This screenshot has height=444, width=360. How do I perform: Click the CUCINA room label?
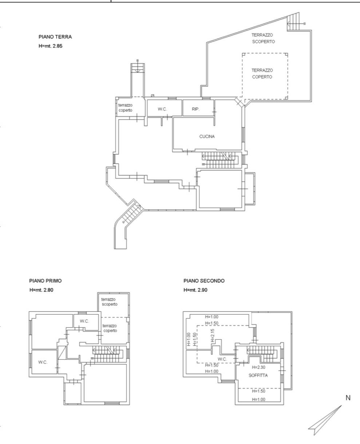click(x=207, y=136)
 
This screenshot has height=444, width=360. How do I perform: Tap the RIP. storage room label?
click(x=196, y=109)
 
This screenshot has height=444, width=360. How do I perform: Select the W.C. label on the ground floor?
click(x=162, y=109)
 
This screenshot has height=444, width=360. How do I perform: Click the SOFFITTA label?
click(x=258, y=375)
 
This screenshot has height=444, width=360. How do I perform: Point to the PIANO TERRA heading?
click(x=55, y=37)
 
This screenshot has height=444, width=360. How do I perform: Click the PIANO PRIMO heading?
click(x=45, y=281)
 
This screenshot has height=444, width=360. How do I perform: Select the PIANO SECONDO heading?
click(x=204, y=281)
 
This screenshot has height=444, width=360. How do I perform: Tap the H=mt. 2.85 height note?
click(x=50, y=46)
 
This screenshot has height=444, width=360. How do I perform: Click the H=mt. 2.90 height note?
click(x=195, y=290)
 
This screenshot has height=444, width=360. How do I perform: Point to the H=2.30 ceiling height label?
click(x=258, y=367)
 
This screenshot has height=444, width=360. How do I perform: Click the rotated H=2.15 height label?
click(x=213, y=335)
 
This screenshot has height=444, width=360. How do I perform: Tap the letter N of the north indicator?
click(x=348, y=398)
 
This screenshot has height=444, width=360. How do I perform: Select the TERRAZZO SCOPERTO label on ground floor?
click(x=263, y=38)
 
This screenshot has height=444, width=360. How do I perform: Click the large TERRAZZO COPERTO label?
click(x=262, y=73)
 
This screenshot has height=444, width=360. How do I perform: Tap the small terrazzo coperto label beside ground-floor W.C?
click(x=126, y=108)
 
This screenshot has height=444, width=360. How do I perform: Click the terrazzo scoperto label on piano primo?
click(x=109, y=301)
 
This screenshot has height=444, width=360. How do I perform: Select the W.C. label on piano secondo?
click(x=222, y=359)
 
